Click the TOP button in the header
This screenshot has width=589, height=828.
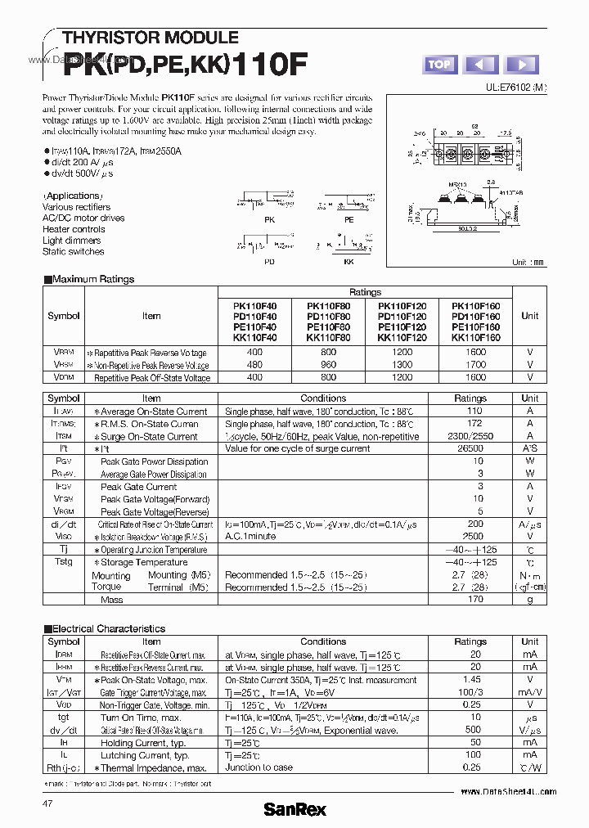pyautogui.click(x=439, y=65)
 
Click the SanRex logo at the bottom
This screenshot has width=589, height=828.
pyautogui.click(x=294, y=809)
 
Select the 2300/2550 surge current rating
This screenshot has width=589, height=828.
pyautogui.click(x=470, y=437)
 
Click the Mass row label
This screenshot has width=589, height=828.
pyautogui.click(x=111, y=600)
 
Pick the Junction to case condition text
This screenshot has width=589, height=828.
pyautogui.click(x=259, y=767)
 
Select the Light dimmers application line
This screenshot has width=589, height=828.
pyautogui.click(x=72, y=241)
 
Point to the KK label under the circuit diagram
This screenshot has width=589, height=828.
pyautogui.click(x=348, y=262)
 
